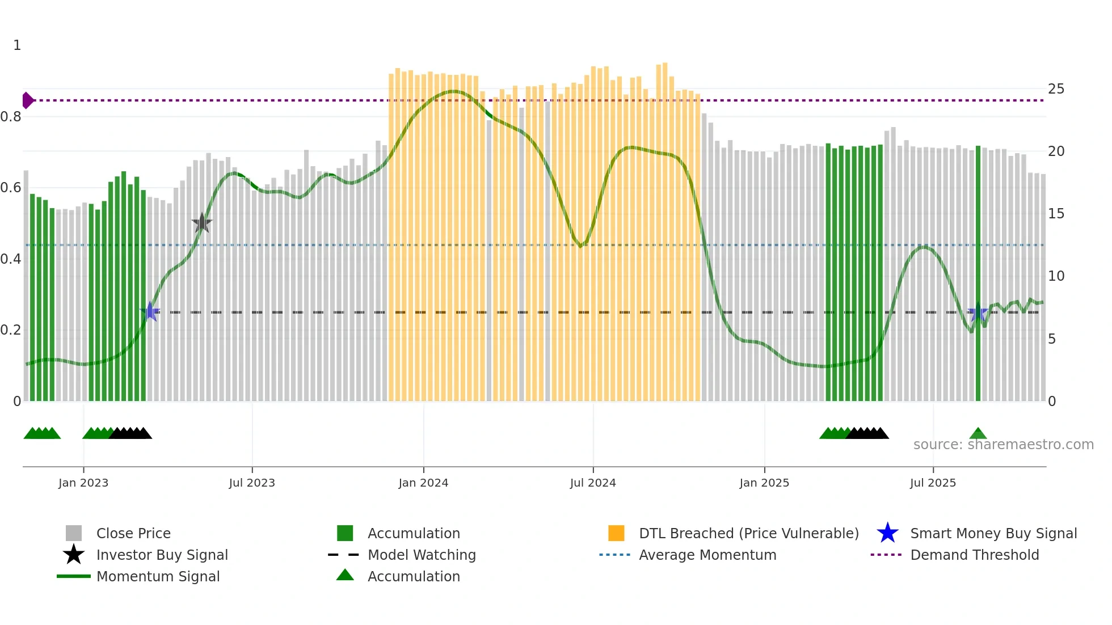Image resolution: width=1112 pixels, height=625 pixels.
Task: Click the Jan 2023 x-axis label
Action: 83,483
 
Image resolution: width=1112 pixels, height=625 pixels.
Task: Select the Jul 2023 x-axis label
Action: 252,483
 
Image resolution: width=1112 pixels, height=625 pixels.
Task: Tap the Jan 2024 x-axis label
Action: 423,483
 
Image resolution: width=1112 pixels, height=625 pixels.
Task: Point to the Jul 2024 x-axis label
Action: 593,483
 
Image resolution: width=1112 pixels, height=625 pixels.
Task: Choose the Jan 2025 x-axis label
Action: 764,483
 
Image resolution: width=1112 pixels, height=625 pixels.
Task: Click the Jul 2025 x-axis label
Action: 933,483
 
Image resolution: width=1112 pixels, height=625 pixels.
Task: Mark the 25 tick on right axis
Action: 1056,89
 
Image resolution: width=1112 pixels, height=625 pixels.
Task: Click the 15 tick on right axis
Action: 1056,214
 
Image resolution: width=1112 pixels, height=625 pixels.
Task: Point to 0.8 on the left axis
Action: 11,117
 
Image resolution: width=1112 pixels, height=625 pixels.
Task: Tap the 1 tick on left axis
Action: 17,45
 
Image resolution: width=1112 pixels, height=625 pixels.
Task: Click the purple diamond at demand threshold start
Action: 28,100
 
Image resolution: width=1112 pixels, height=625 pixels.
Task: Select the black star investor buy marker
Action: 201,223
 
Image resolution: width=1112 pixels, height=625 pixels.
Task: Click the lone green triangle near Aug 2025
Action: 978,434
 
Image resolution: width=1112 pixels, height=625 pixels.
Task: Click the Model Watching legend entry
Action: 422,555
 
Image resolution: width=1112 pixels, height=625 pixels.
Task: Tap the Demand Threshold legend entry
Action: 974,555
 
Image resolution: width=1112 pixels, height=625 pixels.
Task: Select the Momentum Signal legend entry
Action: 158,576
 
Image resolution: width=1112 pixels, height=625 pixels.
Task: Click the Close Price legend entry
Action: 133,533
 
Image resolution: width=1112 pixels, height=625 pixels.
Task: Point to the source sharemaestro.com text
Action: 1003,445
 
